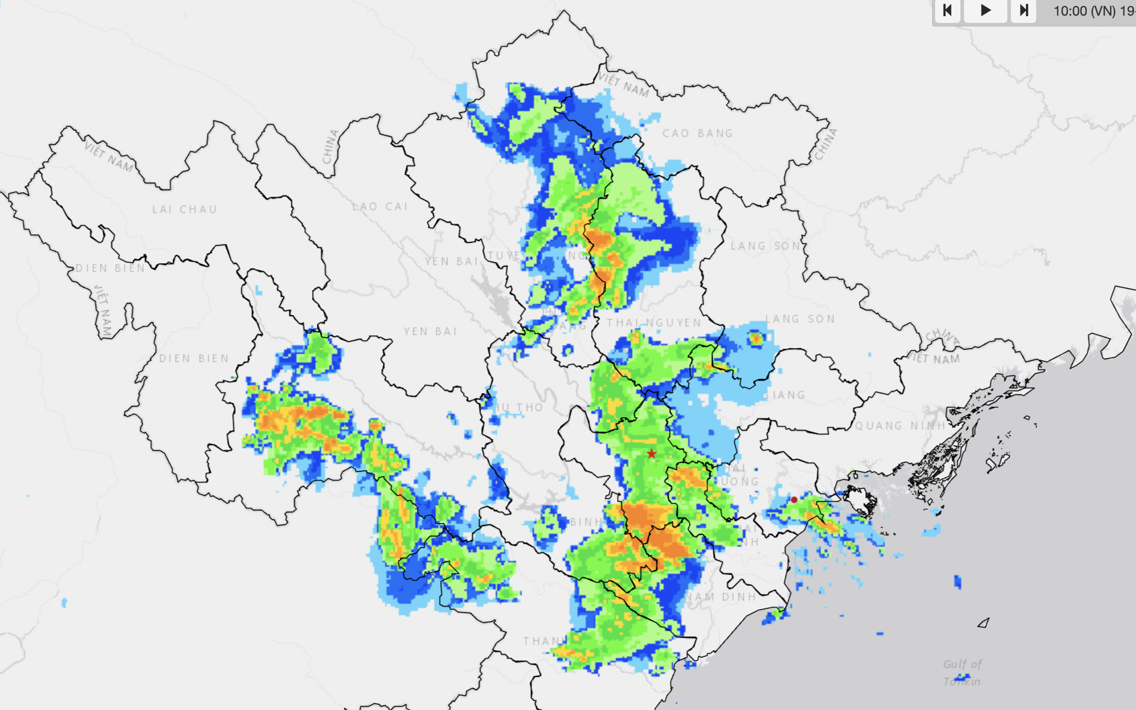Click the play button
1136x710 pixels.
(985, 10)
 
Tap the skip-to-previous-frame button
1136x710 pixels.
(947, 10)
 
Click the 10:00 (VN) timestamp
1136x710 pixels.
(1084, 11)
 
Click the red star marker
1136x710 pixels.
(651, 453)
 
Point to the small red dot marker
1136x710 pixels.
(794, 500)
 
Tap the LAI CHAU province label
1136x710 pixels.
(185, 209)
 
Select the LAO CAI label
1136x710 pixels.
(380, 206)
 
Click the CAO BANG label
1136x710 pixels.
(698, 133)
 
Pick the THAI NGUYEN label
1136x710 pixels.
(654, 323)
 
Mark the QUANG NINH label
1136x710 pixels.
(900, 426)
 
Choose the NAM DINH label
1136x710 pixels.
(720, 597)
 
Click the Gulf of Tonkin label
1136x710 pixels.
(962, 672)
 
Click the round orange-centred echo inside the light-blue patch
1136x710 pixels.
(756, 339)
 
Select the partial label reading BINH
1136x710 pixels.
(585, 522)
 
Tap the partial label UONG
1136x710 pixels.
(739, 482)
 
